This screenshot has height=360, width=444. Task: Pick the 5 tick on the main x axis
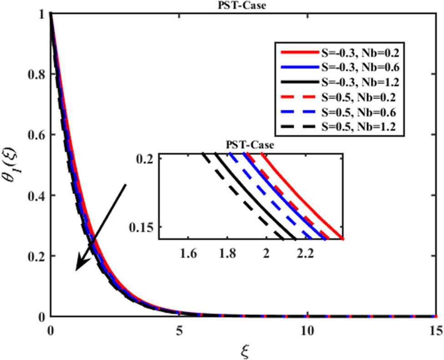click(x=179, y=329)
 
